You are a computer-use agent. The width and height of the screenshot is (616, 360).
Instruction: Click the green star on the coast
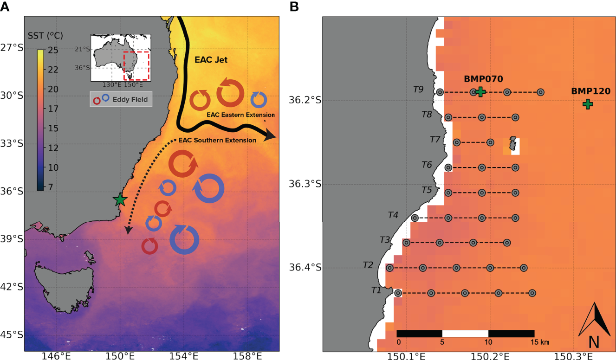(x=120, y=199)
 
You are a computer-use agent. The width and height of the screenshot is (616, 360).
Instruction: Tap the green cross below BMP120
(x=587, y=104)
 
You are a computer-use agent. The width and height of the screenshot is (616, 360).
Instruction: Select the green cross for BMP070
(x=481, y=91)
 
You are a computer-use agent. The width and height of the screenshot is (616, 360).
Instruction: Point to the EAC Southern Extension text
(x=218, y=140)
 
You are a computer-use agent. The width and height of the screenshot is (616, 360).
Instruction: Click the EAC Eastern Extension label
(x=240, y=115)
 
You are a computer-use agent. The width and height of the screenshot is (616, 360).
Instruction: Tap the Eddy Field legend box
(x=121, y=99)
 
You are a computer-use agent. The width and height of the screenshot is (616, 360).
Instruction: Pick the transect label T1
(x=376, y=290)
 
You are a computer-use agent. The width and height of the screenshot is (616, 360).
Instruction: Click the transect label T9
(x=419, y=90)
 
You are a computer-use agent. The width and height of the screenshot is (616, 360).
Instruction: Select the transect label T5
(x=427, y=190)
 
